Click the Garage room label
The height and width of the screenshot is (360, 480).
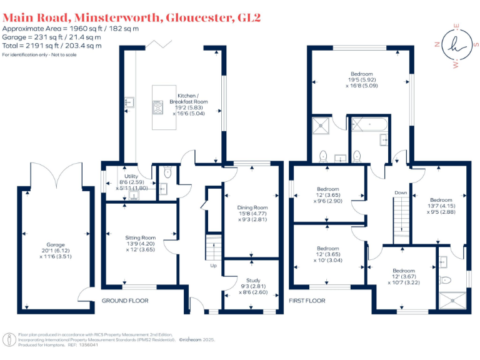[56, 245]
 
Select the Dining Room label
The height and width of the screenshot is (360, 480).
[252, 207]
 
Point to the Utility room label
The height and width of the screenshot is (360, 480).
[131, 177]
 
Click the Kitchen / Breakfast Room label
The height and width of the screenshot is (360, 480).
[189, 97]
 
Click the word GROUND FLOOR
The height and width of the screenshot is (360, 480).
[125, 301]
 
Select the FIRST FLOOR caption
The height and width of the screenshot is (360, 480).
[306, 301]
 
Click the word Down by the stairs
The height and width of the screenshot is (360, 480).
[401, 192]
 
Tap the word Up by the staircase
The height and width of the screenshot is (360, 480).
[212, 266]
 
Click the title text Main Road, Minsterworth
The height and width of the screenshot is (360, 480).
[81, 17]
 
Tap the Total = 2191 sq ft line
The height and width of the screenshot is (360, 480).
[51, 46]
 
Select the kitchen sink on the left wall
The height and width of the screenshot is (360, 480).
[129, 102]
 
